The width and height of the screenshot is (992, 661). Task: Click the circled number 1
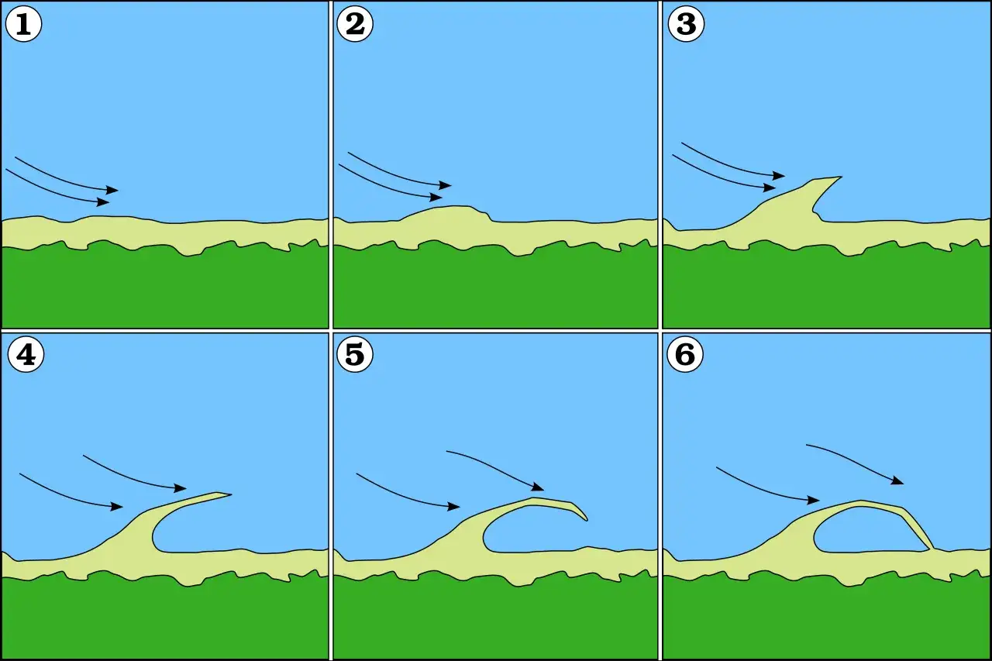pyautogui.click(x=23, y=24)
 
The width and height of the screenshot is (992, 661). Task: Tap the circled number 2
pyautogui.click(x=355, y=24)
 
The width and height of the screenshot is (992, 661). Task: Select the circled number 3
pyautogui.click(x=686, y=24)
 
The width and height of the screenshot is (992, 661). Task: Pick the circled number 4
pyautogui.click(x=26, y=354)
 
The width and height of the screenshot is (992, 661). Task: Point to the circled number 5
pyautogui.click(x=355, y=354)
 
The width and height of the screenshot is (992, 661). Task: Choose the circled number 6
pyautogui.click(x=685, y=354)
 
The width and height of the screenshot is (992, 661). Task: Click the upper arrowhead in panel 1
pyautogui.click(x=112, y=190)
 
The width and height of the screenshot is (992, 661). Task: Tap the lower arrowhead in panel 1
pyautogui.click(x=103, y=202)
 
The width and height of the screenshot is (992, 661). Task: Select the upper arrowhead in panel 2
pyautogui.click(x=446, y=185)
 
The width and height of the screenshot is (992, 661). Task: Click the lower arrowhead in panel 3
pyautogui.click(x=770, y=188)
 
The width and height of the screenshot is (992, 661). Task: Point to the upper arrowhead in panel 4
pyautogui.click(x=181, y=488)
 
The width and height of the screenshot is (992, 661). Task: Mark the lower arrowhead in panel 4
pyautogui.click(x=117, y=507)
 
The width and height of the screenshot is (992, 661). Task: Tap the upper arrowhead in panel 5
pyautogui.click(x=538, y=487)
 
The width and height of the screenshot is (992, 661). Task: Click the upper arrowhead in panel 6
pyautogui.click(x=897, y=480)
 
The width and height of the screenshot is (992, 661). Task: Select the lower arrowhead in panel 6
pyautogui.click(x=814, y=501)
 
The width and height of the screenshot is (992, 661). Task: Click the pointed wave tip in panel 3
pyautogui.click(x=840, y=177)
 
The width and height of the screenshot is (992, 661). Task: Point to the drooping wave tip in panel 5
pyautogui.click(x=587, y=519)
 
